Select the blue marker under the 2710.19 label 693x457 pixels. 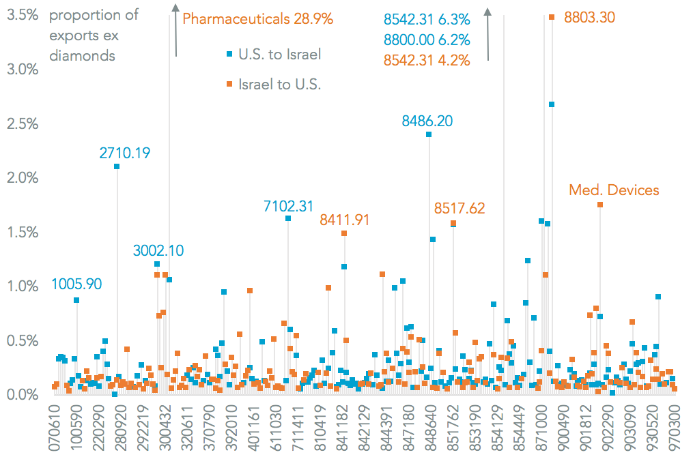pyautogui.click(x=117, y=166)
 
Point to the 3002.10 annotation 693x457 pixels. pyautogui.click(x=158, y=250)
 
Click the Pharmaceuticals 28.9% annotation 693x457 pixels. pyautogui.click(x=258, y=19)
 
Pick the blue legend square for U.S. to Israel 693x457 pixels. pyautogui.click(x=231, y=55)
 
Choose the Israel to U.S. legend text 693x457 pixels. pyautogui.click(x=279, y=85)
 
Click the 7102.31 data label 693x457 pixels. pyautogui.click(x=288, y=205)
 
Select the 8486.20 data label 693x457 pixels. pyautogui.click(x=428, y=121)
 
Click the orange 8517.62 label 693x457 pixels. pyautogui.click(x=459, y=208)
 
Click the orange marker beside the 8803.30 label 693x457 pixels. pyautogui.click(x=551, y=18)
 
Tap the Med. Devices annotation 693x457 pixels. pyautogui.click(x=614, y=190)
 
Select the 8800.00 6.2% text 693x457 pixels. pyautogui.click(x=426, y=40)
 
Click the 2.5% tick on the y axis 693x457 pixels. pyautogui.click(x=23, y=123)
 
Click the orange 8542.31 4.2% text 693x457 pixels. pyautogui.click(x=426, y=60)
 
